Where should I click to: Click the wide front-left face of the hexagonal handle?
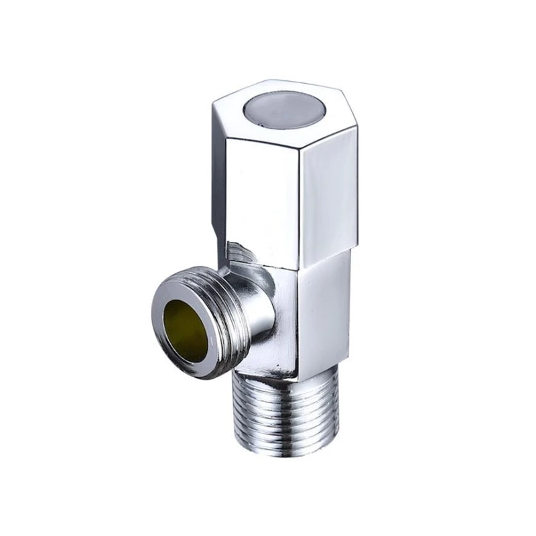261,194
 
